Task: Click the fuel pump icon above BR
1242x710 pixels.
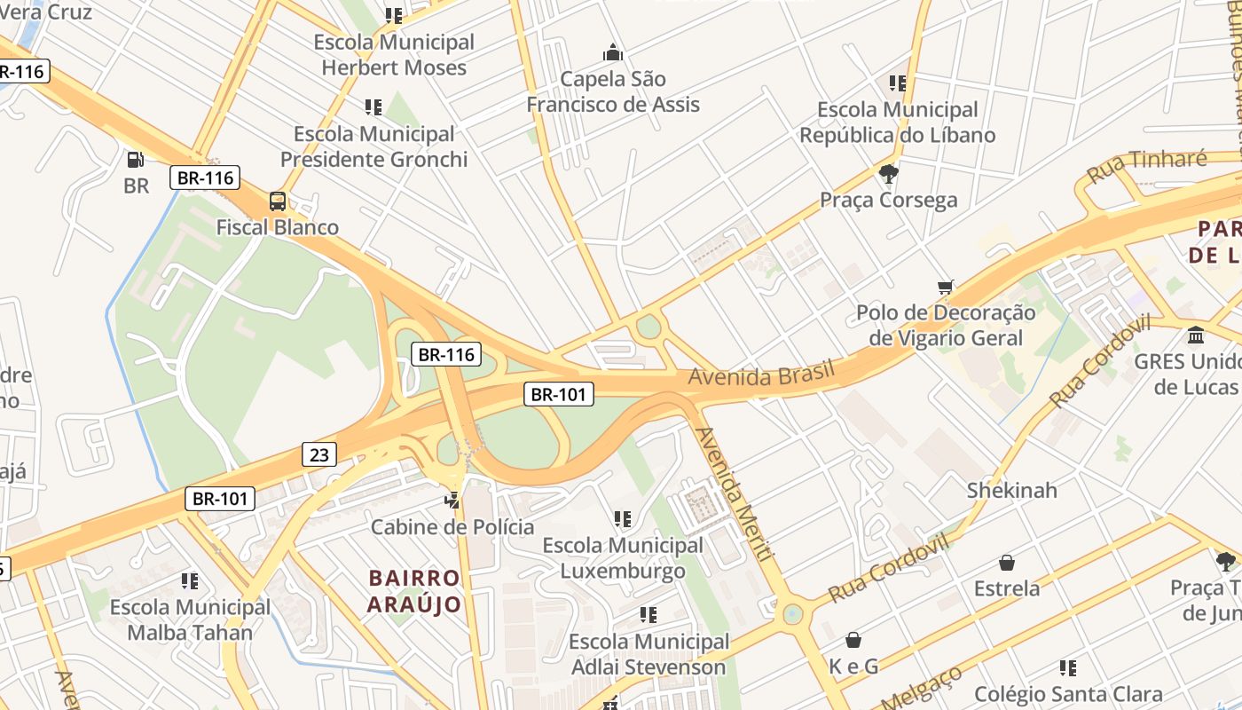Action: (135, 160)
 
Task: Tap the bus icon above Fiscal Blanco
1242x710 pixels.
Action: (278, 201)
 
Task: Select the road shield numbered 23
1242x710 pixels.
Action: (319, 455)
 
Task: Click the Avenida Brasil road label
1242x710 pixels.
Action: (762, 373)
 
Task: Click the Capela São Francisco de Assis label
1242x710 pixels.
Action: (613, 91)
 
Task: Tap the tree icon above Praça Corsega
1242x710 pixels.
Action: (888, 173)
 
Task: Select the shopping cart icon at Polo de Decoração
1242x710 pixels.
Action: (946, 288)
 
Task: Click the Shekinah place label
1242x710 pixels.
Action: (1011, 490)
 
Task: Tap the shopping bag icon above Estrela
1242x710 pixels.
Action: (1007, 563)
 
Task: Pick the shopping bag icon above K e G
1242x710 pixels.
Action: (853, 640)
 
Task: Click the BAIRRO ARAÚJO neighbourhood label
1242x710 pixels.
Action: (415, 592)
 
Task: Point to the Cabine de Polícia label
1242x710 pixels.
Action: (452, 527)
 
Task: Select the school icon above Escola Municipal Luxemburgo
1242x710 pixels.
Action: (623, 518)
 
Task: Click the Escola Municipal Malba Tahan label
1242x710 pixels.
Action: (190, 620)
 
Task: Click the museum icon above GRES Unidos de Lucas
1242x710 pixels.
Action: (1196, 336)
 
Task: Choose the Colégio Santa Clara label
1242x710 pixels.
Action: (1068, 694)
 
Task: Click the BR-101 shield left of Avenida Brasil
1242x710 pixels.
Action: (558, 394)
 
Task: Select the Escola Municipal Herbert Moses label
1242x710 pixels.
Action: (394, 55)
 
